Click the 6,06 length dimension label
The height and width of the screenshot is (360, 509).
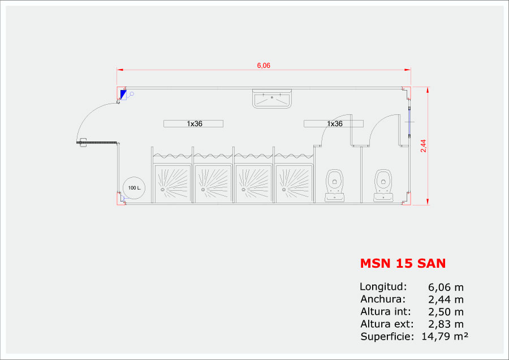(264, 65)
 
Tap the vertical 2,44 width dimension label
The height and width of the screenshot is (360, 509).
(423, 146)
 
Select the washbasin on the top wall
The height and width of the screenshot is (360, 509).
(272, 98)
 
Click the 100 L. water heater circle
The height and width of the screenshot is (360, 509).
(134, 188)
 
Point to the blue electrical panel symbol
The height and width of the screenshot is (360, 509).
(123, 95)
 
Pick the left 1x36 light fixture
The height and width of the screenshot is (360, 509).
(193, 123)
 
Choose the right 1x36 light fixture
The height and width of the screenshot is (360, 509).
(334, 123)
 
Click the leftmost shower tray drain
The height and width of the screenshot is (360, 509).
(163, 190)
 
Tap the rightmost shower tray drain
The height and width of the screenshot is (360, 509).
(284, 190)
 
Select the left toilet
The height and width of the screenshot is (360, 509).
(335, 185)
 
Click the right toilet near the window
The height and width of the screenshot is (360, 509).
(383, 185)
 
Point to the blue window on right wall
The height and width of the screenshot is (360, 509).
(409, 122)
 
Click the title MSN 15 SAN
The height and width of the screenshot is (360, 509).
(403, 263)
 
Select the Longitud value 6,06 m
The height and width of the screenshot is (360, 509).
(446, 287)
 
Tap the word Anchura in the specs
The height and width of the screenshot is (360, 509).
(382, 299)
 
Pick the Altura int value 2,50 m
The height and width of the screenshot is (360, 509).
(446, 312)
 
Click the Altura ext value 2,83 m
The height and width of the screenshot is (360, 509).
(446, 324)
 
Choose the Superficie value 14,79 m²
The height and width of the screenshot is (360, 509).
(445, 336)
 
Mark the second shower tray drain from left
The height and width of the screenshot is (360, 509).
(203, 190)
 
